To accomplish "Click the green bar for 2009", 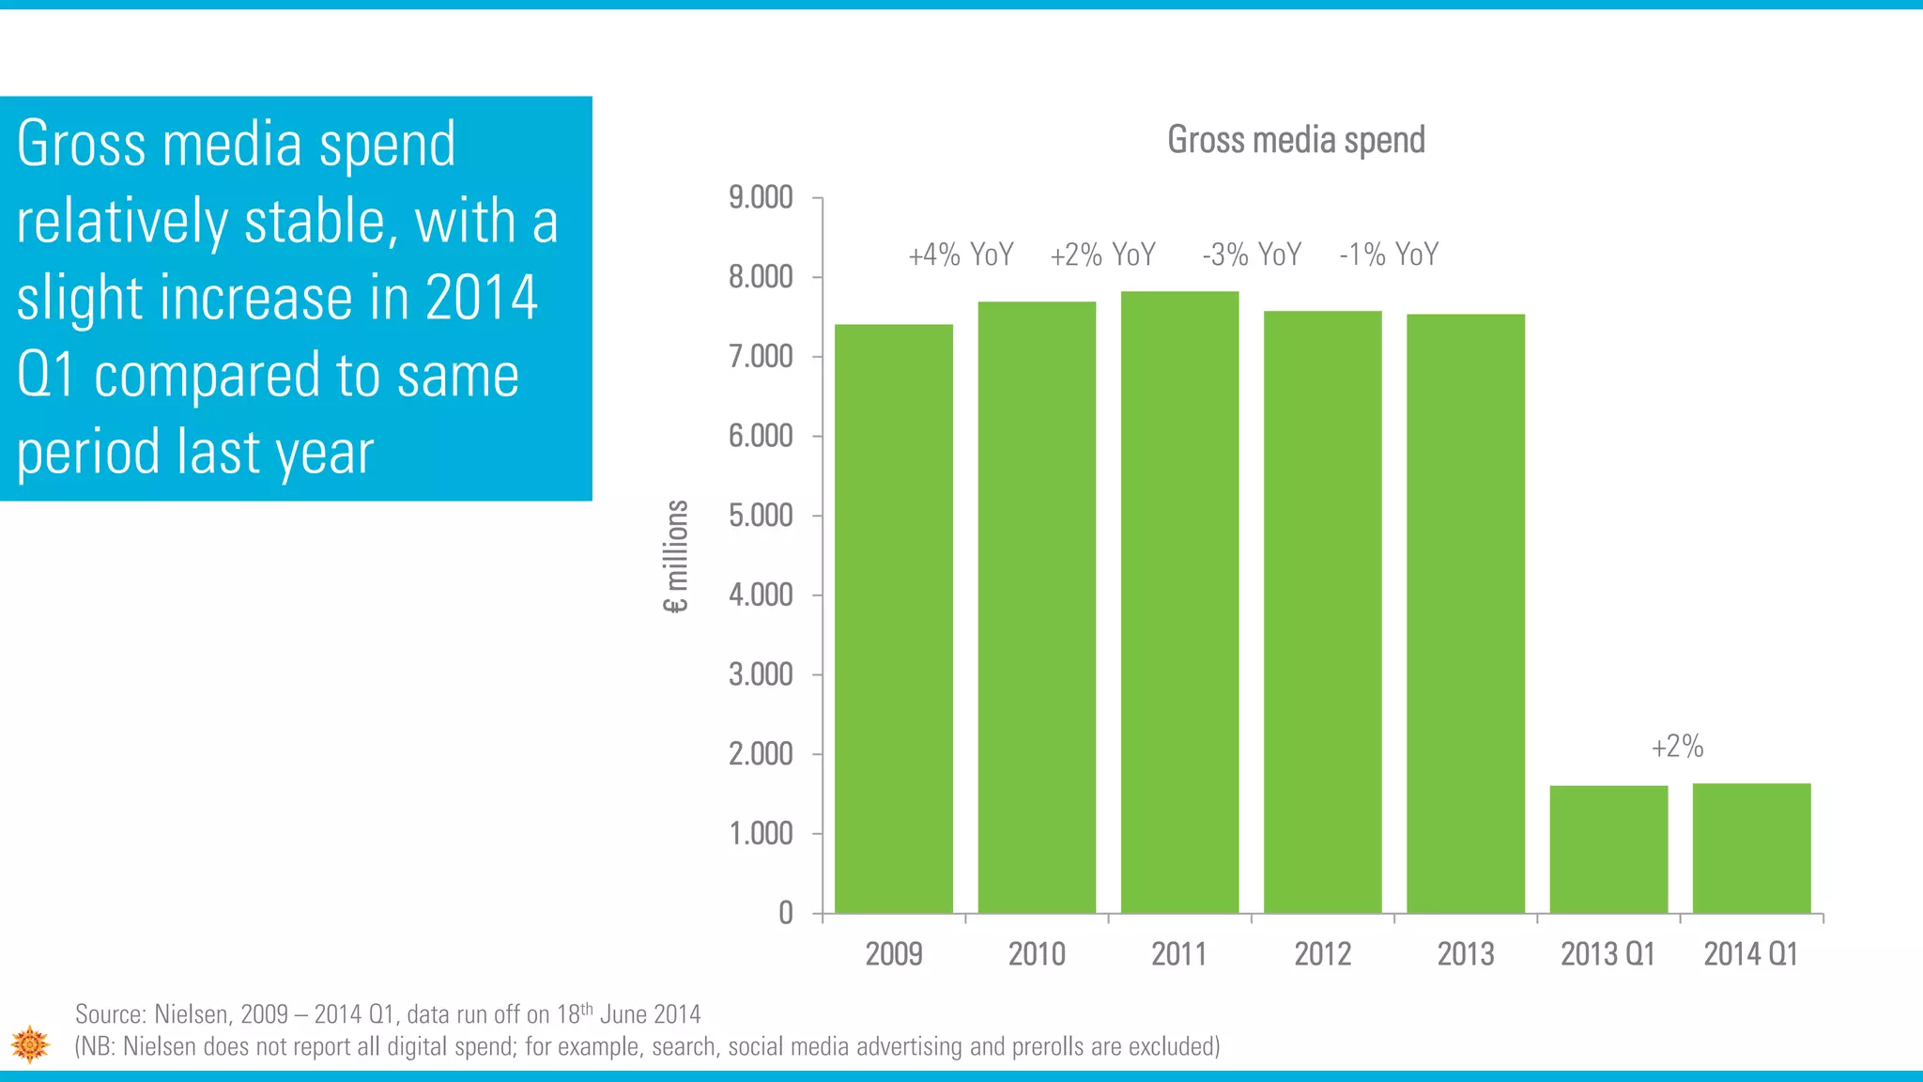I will (x=894, y=620).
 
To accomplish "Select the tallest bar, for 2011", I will (x=1179, y=601).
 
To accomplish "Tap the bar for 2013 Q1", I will (x=1608, y=849).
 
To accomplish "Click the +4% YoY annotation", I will (x=961, y=255).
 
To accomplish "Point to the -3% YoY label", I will (x=1252, y=255).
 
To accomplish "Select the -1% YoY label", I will (x=1389, y=255).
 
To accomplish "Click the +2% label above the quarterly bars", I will (x=1677, y=747).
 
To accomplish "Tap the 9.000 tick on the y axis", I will (x=761, y=198).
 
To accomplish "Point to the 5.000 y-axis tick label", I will (x=761, y=516).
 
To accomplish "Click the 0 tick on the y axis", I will (x=786, y=913).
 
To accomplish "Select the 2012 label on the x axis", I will (x=1322, y=954).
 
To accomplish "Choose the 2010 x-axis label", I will (x=1037, y=954).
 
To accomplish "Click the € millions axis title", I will (x=676, y=556).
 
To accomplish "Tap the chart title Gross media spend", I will (x=1296, y=140).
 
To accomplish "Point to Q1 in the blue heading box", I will (x=45, y=375).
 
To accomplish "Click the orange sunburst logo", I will (x=30, y=1044).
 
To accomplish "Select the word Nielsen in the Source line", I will (x=191, y=1014).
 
